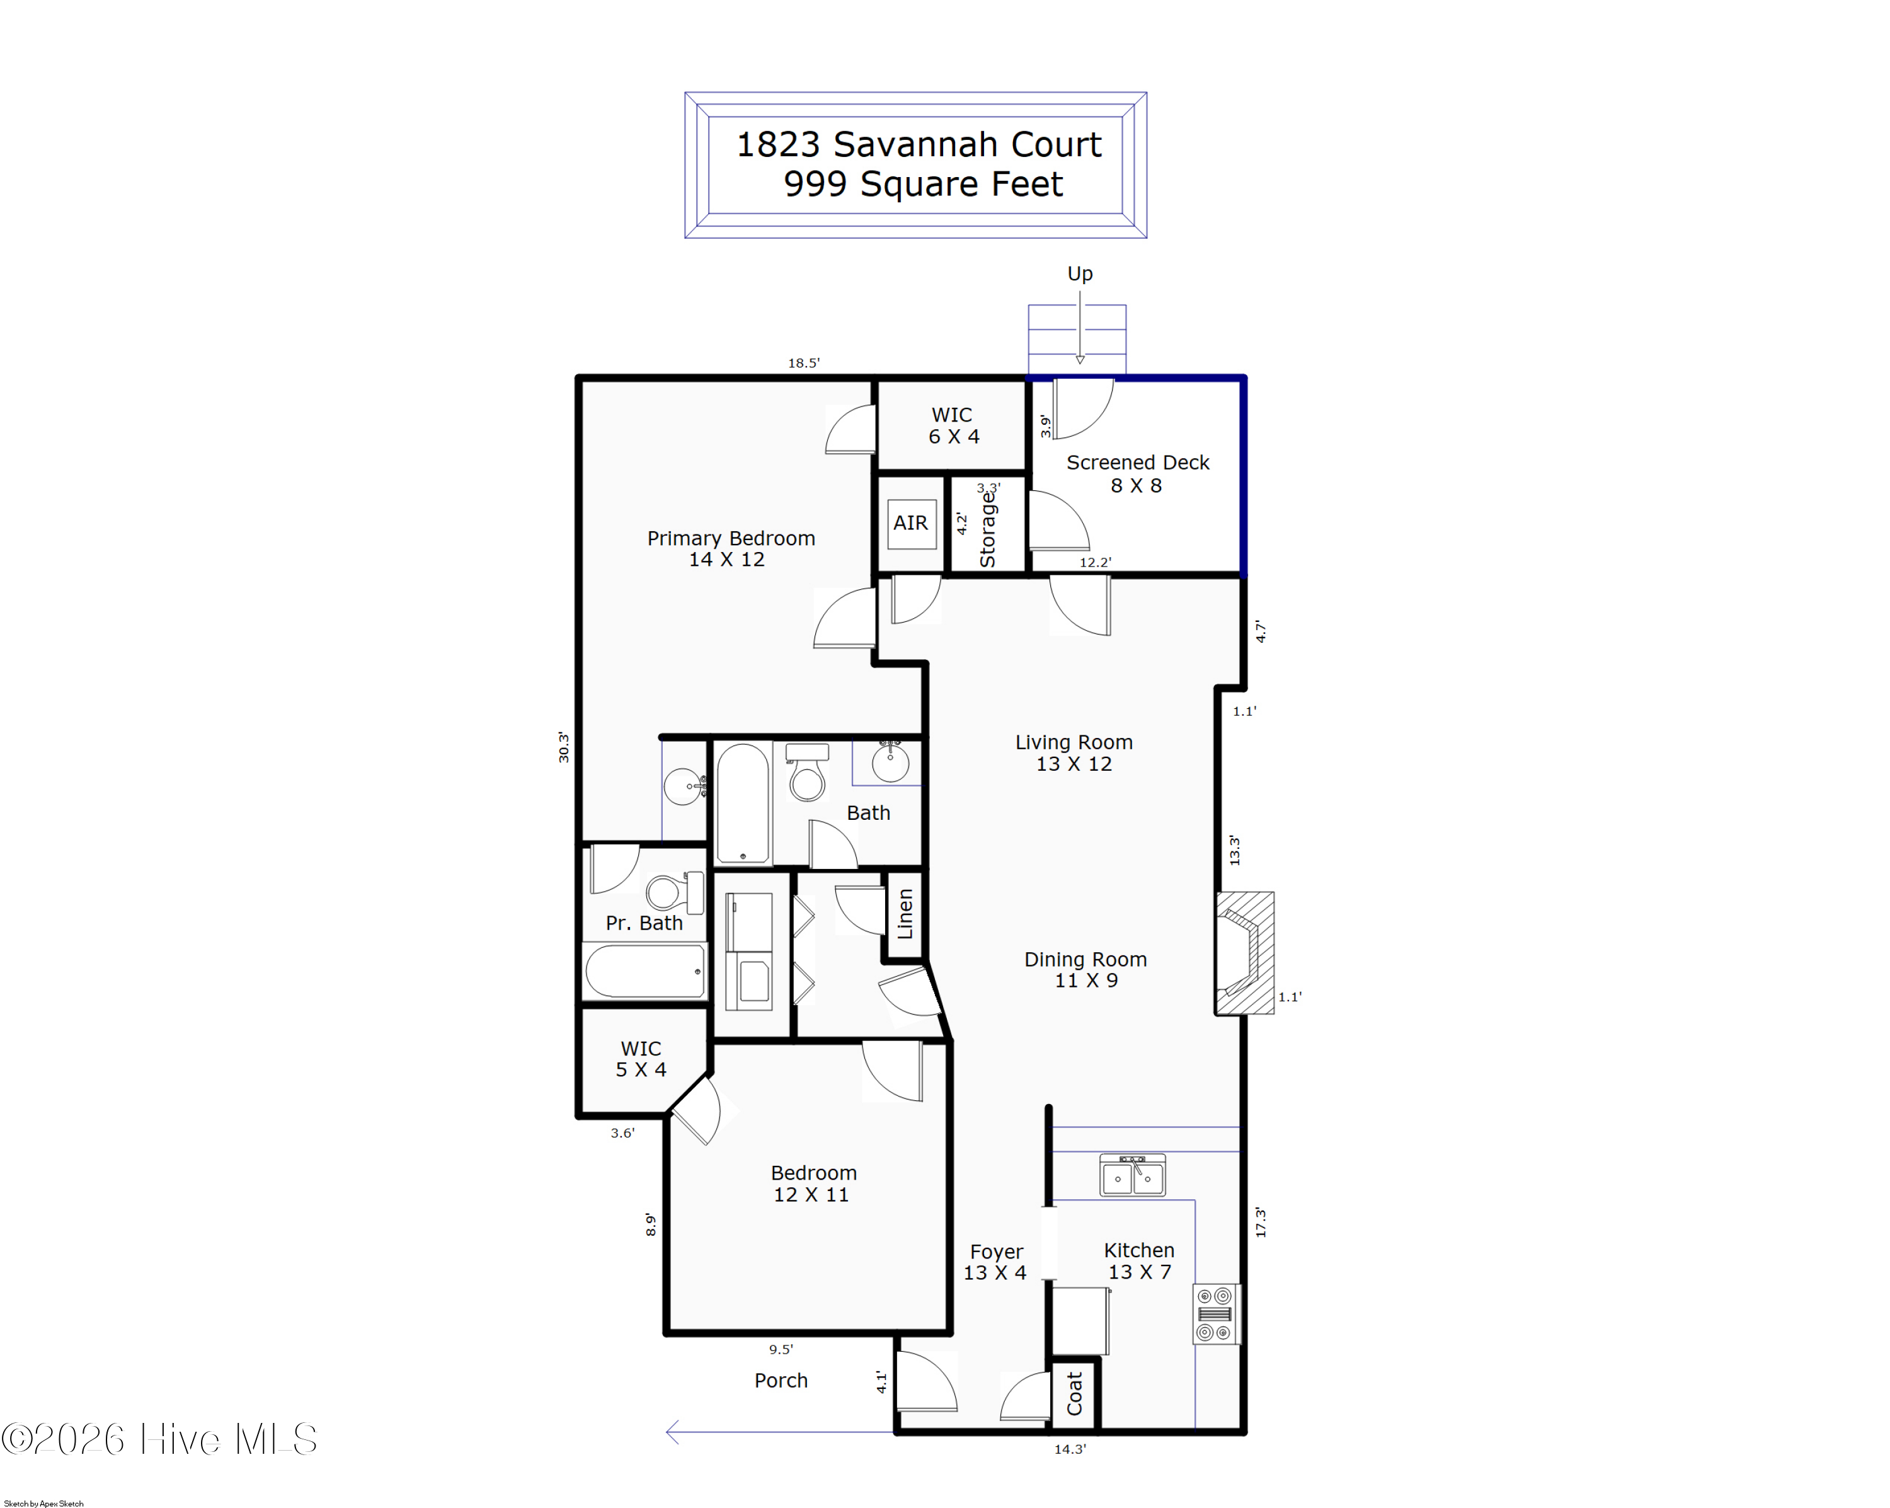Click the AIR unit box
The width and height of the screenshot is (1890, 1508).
[x=912, y=524]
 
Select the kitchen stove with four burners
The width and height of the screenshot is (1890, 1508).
[x=1216, y=1313]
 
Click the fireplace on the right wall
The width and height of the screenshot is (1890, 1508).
[x=1244, y=953]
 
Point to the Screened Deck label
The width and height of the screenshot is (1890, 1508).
[x=1137, y=473]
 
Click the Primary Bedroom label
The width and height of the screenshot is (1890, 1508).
[x=730, y=548]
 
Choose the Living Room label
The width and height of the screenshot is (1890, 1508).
[x=1074, y=752]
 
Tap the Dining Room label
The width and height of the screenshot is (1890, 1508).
[x=1085, y=970]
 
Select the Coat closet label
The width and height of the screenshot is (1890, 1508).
[x=1074, y=1393]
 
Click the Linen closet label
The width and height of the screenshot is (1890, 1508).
[x=905, y=914]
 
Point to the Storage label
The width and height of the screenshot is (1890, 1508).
[x=987, y=529]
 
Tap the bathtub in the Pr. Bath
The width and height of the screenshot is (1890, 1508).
[x=645, y=972]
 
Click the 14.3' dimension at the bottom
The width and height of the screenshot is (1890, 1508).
[x=1070, y=1449]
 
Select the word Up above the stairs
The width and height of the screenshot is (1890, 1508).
[x=1080, y=273]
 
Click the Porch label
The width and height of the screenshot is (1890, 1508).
[x=781, y=1380]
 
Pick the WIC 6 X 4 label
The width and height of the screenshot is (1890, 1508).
[x=953, y=425]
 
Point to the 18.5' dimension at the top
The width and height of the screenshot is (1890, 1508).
[x=803, y=363]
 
